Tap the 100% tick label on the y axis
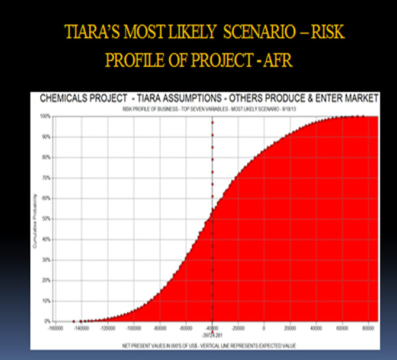45,116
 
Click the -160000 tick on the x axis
55,327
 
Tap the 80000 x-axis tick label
368,327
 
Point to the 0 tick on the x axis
264,327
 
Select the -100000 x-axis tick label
133,327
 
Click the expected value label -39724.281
212,333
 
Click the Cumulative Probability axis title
36,219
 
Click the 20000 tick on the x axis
290,327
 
